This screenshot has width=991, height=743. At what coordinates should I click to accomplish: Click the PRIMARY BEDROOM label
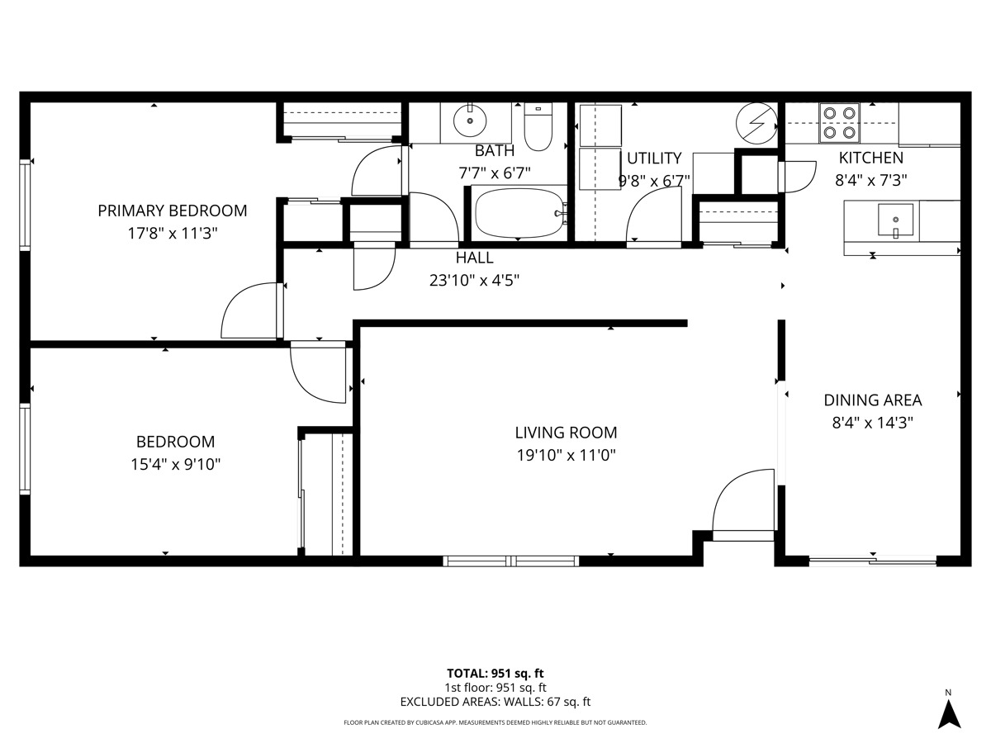(173, 211)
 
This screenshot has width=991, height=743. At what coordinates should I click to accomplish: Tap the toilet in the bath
(538, 126)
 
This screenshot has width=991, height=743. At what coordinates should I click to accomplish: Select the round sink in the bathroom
(470, 121)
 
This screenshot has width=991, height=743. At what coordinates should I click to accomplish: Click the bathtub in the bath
(519, 213)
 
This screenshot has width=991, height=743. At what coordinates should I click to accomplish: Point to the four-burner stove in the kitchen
(840, 123)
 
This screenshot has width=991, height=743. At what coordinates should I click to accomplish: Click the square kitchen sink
(896, 220)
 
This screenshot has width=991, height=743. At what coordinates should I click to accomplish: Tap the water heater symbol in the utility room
(756, 123)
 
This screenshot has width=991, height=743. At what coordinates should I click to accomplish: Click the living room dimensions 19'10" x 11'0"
(567, 456)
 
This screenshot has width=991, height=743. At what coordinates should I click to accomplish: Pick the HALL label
(475, 258)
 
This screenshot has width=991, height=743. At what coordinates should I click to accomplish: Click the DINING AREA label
(873, 400)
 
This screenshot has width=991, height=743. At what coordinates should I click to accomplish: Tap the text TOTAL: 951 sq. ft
(495, 674)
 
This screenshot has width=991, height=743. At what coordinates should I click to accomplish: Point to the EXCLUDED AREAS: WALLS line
(495, 702)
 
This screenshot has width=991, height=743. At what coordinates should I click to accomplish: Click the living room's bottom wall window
(510, 561)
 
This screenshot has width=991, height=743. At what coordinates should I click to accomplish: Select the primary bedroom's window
(25, 205)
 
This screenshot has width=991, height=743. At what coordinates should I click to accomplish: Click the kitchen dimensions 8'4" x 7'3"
(871, 181)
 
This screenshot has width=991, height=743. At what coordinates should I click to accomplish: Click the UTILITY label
(654, 159)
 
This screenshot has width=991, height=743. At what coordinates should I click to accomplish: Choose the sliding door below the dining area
(873, 561)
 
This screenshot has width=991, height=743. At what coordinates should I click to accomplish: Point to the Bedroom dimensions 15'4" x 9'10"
(176, 464)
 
